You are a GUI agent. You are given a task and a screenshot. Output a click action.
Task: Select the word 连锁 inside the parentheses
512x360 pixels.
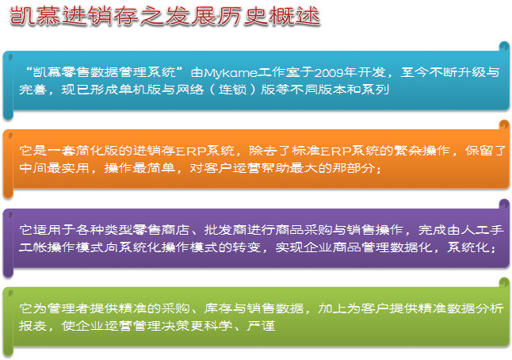[x=232, y=89]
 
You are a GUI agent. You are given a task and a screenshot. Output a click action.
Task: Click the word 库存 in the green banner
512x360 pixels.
[x=218, y=308]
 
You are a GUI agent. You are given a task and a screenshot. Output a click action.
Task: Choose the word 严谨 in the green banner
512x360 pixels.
[x=261, y=325]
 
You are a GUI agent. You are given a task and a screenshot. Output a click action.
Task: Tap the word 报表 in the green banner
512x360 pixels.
[x=32, y=325]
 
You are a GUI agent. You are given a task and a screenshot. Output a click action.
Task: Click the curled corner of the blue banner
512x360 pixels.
[x=505, y=47]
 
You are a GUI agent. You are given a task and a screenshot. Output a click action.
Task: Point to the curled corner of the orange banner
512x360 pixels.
[x=505, y=125]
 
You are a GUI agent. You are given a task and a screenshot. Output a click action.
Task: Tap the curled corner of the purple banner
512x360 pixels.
[x=505, y=204]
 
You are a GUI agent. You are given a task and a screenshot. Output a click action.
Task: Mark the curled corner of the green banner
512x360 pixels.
[x=505, y=282]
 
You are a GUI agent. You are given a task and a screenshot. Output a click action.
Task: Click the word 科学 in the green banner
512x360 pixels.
[x=218, y=325]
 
